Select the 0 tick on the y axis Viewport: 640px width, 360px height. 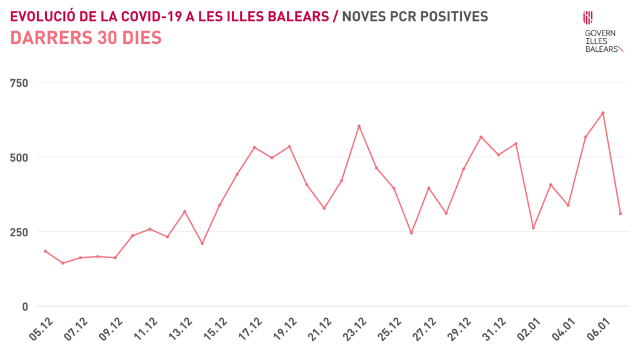click(25, 306)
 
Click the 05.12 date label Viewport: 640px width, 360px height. click(41, 329)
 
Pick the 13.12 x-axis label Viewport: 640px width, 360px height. click(181, 329)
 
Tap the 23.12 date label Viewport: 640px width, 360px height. click(356, 329)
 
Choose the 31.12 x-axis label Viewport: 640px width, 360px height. click(496, 329)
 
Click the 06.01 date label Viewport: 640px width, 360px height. click(600, 329)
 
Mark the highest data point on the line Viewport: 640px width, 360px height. click(603, 113)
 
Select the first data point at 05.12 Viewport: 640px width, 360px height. click(45, 251)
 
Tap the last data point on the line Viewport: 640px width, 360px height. click(621, 214)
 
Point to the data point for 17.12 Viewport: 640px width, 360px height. click(254, 147)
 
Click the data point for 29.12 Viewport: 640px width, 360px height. click(481, 137)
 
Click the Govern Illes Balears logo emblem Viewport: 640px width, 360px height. click(588, 17)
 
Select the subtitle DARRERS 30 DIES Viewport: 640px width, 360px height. click(86, 38)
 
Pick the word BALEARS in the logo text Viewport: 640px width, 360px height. click(601, 49)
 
